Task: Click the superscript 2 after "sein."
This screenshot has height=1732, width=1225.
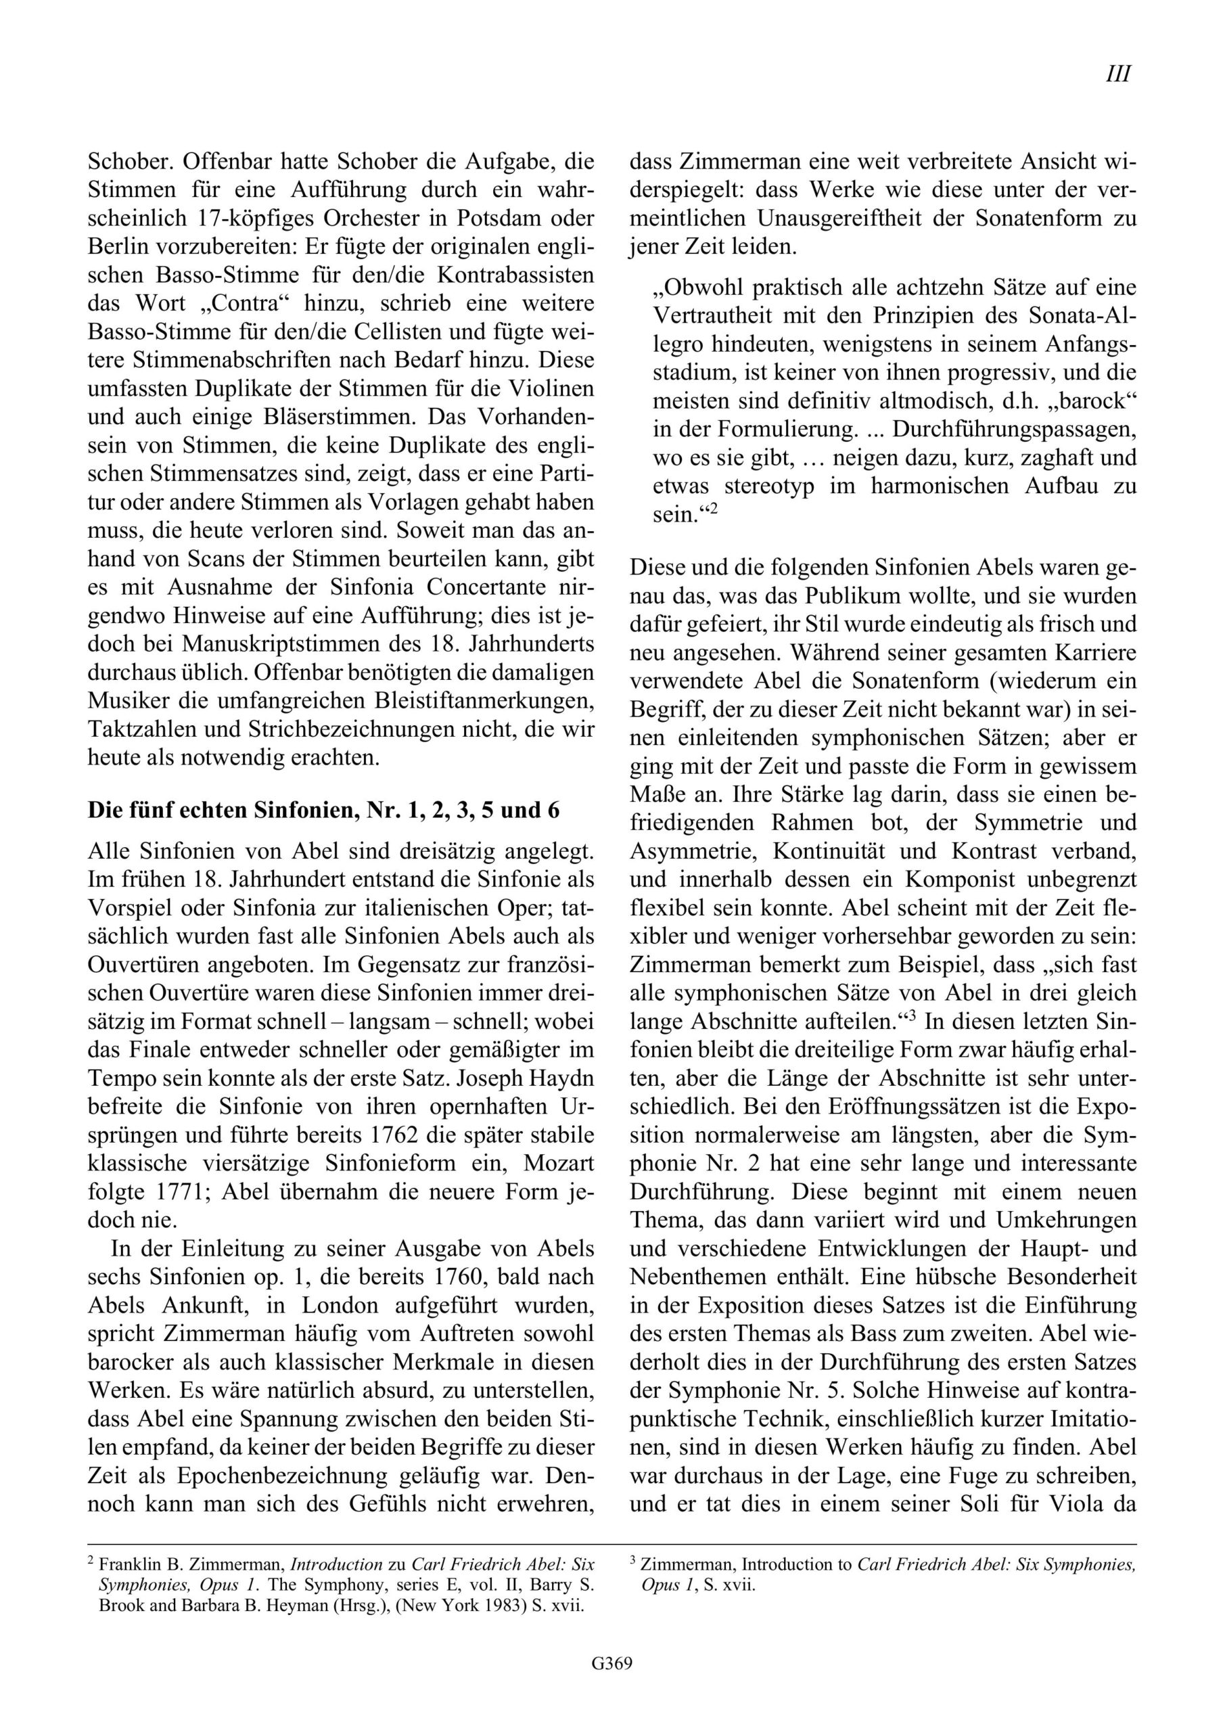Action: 712,509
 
